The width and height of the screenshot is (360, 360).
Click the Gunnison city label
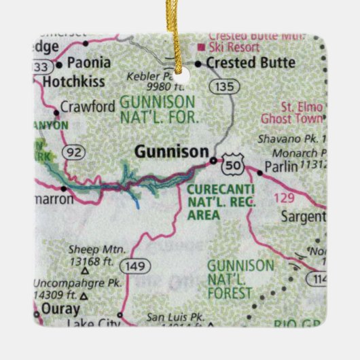pos(170,152)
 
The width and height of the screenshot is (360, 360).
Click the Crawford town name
pos(88,107)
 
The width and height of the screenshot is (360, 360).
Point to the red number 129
pos(286,197)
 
